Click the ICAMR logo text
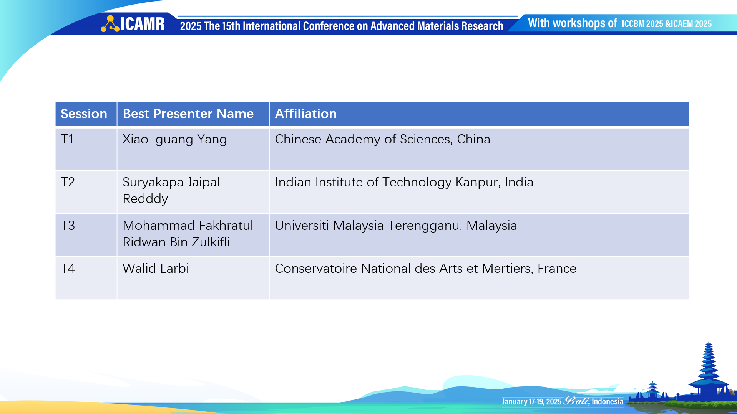[143, 24]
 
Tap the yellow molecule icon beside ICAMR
[110, 24]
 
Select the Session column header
[84, 114]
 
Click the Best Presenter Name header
[188, 114]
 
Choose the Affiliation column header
[305, 114]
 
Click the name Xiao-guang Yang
[174, 140]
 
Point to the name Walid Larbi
[156, 269]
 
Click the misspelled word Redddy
[145, 199]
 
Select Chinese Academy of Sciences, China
[382, 139]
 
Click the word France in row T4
[557, 269]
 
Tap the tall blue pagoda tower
[709, 372]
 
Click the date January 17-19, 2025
[531, 402]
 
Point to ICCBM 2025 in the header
[642, 24]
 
